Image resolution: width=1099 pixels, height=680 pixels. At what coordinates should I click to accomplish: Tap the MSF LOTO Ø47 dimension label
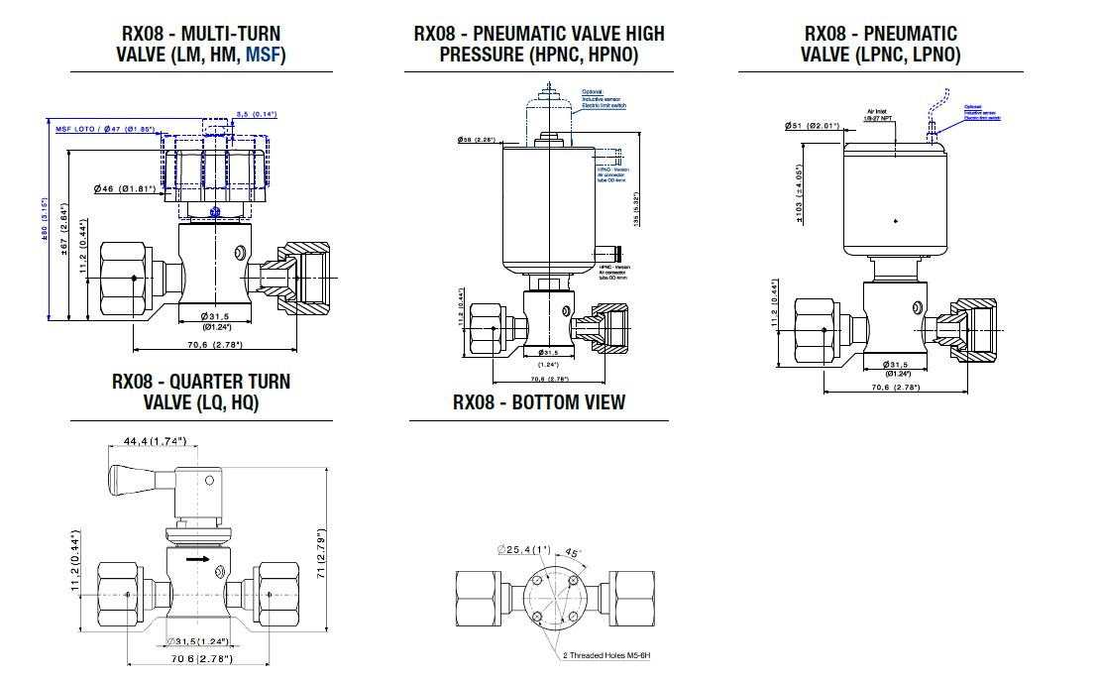(x=104, y=129)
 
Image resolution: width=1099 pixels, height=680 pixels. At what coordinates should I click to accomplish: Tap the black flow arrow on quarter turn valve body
(x=199, y=559)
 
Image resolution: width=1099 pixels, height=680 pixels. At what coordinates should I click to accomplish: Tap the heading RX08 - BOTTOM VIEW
(x=538, y=402)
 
